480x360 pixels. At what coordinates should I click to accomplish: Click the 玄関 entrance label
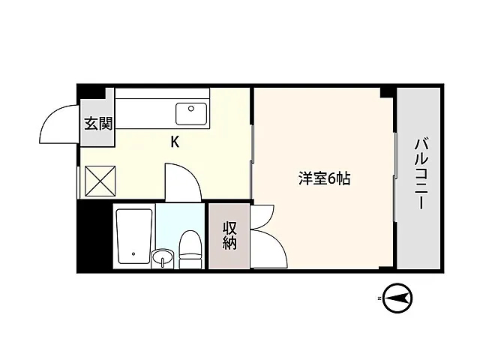click(98, 124)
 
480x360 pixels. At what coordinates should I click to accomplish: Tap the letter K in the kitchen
click(175, 142)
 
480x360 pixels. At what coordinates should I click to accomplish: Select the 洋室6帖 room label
click(324, 178)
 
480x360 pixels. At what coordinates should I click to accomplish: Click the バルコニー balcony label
click(421, 173)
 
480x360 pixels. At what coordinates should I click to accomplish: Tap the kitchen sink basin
click(191, 114)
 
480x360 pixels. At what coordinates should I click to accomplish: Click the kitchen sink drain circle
click(191, 108)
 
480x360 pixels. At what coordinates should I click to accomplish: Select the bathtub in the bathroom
click(134, 236)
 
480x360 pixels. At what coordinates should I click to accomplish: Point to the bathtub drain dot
click(133, 253)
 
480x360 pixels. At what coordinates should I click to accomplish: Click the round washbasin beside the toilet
click(162, 258)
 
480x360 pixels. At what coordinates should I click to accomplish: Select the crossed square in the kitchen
click(100, 181)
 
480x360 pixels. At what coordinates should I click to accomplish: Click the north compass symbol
click(398, 298)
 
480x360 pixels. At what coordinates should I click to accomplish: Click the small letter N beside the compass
click(379, 298)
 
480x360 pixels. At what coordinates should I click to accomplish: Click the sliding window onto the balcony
click(395, 177)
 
